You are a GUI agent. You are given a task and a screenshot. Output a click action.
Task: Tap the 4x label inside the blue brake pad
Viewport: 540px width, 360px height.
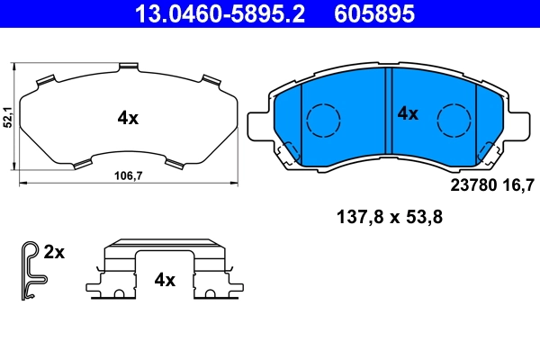tap(408, 113)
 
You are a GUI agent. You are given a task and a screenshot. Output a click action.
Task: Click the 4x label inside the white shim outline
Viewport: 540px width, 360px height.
tap(128, 117)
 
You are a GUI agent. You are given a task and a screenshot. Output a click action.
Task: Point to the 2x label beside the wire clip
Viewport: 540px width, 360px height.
tap(54, 253)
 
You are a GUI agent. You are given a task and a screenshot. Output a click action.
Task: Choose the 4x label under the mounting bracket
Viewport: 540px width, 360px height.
tap(163, 280)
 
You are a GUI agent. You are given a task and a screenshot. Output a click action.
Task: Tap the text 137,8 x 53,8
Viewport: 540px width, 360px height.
tap(388, 217)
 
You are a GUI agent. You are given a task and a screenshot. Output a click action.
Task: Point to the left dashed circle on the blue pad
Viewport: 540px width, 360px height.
tap(322, 119)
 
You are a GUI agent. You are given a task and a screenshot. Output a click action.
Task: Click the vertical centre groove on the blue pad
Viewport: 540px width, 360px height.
tap(388, 117)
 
